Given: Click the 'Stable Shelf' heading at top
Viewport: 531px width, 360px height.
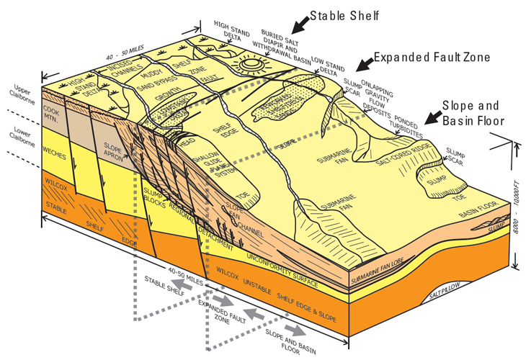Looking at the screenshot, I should tap(344, 14).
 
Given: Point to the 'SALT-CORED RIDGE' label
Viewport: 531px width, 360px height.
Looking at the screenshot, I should tap(409, 163).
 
